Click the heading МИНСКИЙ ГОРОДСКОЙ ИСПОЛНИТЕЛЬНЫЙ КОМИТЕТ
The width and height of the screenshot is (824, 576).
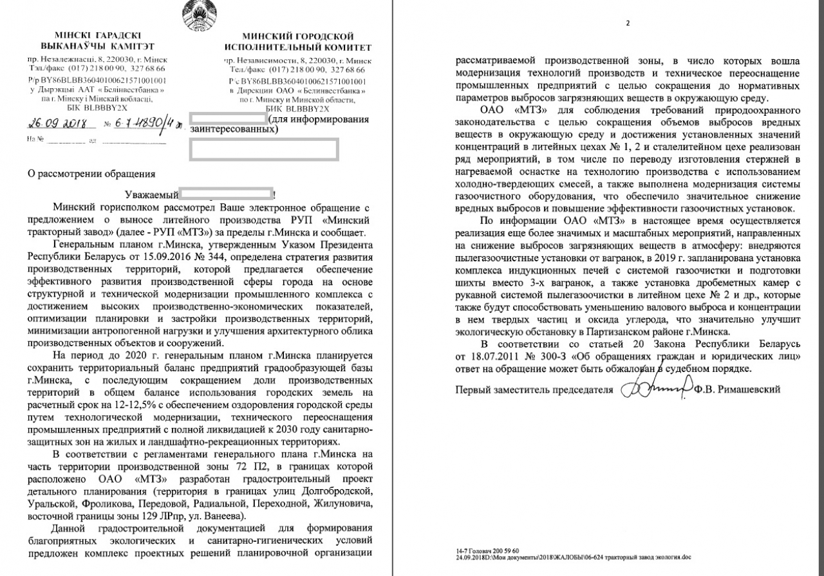[297, 41]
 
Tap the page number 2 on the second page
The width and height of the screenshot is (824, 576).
[627, 23]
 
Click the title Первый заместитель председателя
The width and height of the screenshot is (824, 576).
[536, 390]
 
